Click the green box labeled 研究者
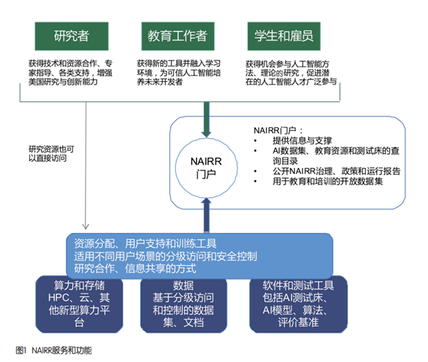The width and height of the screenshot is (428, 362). [71, 35]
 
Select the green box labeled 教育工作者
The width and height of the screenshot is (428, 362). [178, 35]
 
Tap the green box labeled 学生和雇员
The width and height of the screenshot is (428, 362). [284, 35]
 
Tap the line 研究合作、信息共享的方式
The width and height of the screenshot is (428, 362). [136, 268]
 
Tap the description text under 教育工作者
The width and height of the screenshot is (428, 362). [177, 71]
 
